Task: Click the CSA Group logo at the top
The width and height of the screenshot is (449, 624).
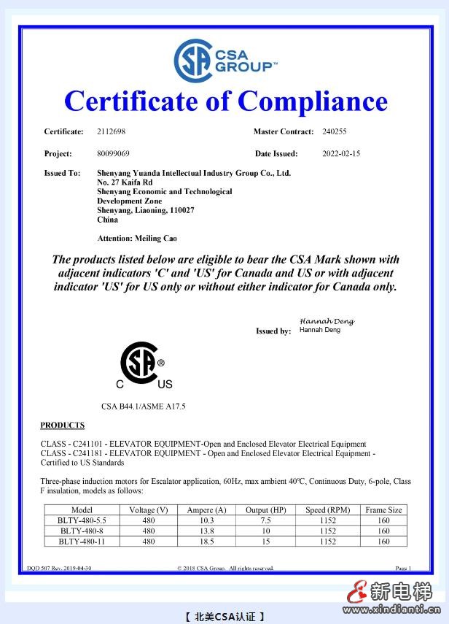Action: (x=224, y=61)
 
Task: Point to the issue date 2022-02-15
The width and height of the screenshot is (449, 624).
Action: (x=341, y=153)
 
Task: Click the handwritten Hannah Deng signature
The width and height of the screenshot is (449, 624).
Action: (x=327, y=321)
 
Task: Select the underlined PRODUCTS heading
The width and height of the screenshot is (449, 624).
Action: (x=63, y=425)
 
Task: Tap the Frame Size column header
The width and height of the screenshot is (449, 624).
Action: (x=384, y=510)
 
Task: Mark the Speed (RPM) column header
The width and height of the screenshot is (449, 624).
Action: (x=329, y=510)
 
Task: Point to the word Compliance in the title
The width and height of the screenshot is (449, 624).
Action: (x=312, y=101)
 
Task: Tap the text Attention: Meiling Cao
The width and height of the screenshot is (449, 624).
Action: (x=137, y=238)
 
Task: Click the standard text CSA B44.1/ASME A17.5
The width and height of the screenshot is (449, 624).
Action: (x=144, y=406)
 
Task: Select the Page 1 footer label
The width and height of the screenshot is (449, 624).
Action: (x=403, y=568)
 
